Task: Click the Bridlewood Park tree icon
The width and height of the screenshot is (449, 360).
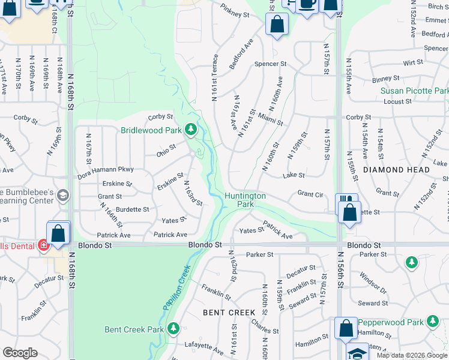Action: tap(191, 129)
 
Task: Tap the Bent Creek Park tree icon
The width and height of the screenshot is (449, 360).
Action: tap(173, 328)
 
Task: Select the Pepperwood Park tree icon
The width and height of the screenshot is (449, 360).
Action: tap(432, 323)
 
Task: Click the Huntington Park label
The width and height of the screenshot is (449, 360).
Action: tap(245, 200)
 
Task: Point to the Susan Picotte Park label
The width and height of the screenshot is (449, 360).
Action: tap(414, 91)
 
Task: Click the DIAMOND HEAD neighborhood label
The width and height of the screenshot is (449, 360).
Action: tap(396, 170)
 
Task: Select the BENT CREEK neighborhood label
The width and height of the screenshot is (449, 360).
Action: tap(229, 313)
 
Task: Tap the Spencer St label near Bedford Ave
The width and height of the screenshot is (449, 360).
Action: tap(270, 64)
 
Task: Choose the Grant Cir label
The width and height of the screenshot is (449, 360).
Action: tap(311, 194)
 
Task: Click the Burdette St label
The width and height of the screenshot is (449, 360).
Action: tap(133, 209)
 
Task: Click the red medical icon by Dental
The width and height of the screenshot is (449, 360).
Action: tap(43, 245)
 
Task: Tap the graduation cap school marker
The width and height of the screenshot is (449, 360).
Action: tap(358, 353)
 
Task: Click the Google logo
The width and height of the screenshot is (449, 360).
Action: tap(20, 353)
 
